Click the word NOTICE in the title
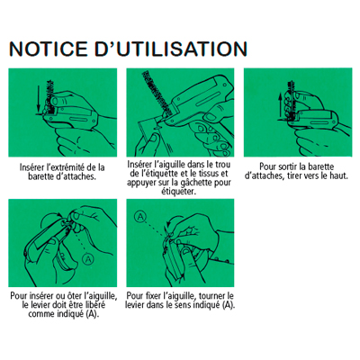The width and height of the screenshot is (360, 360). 48,49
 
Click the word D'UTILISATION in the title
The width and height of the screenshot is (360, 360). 171,49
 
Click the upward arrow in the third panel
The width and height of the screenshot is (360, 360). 280,105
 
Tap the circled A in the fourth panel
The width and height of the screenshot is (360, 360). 88,258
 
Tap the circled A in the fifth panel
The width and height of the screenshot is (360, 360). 140,216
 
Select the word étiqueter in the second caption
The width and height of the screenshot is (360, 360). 178,192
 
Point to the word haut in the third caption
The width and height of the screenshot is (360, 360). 339,175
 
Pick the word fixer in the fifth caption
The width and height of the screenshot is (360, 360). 152,295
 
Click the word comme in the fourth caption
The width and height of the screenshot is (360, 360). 40,314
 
